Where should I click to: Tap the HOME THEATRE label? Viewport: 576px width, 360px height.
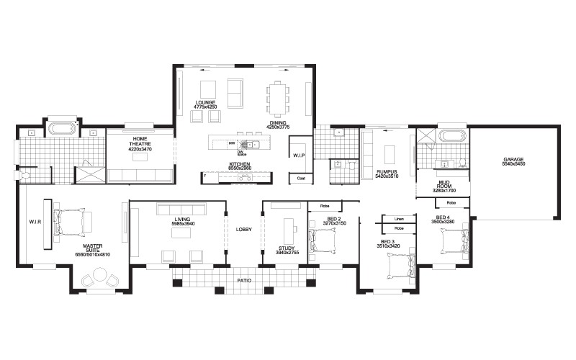click(140, 141)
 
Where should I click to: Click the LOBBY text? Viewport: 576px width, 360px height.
click(244, 229)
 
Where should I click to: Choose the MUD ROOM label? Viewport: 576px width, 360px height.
click(443, 184)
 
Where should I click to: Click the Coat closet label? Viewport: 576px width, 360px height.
click(301, 178)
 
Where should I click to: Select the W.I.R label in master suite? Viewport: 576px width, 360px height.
click(34, 222)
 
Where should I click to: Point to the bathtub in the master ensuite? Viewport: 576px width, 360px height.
click(63, 130)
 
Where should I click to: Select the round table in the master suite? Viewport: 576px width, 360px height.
click(100, 278)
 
